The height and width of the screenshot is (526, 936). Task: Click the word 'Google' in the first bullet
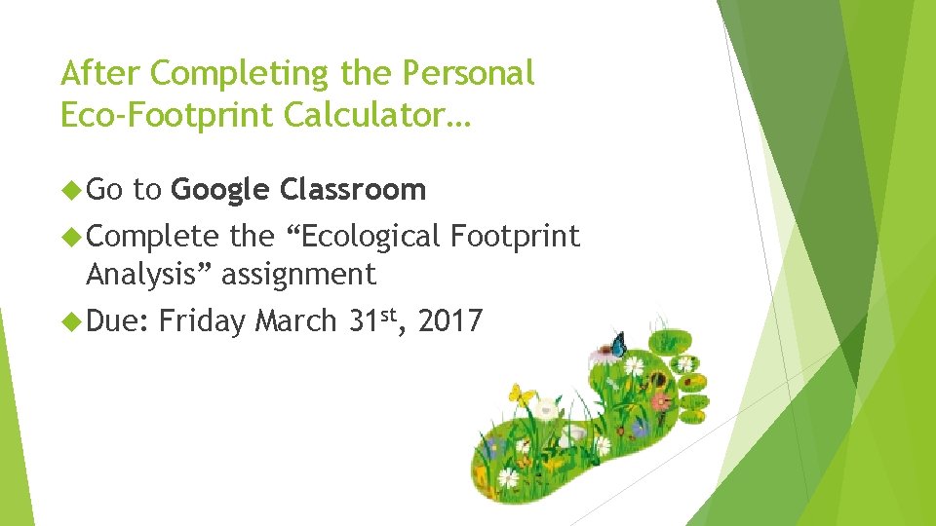219,190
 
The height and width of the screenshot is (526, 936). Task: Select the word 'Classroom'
353,189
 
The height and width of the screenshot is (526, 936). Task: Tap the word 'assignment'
298,276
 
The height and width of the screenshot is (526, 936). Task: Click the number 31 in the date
366,321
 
